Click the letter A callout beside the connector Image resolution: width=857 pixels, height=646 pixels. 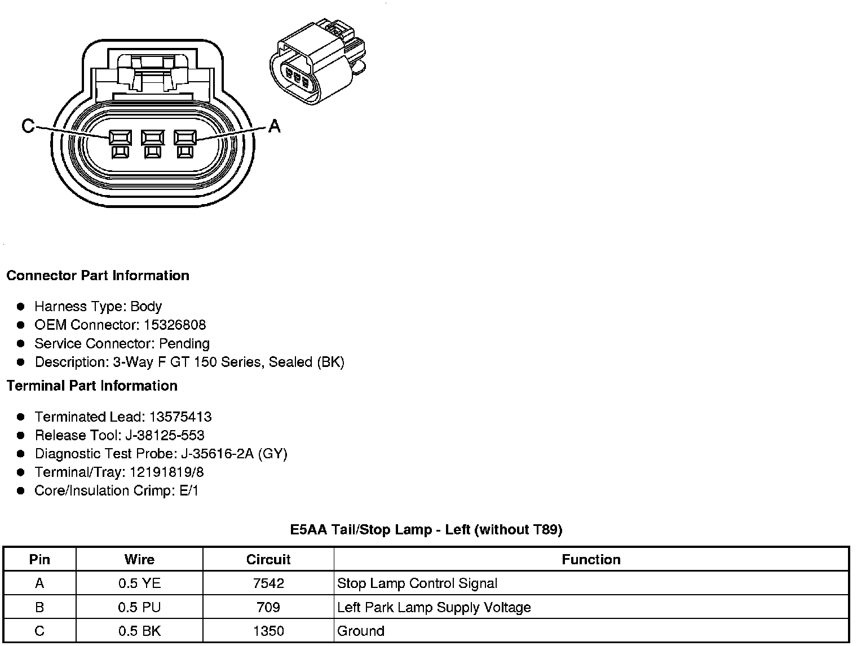pos(274,126)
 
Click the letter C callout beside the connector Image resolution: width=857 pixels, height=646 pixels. pos(28,126)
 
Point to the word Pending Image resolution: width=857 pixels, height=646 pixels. pos(184,344)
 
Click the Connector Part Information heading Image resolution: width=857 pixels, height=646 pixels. pos(98,276)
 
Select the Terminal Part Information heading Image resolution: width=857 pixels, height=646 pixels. pos(92,386)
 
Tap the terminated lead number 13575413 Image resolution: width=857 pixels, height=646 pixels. pos(180,417)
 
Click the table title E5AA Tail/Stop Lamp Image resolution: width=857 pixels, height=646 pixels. pos(426,530)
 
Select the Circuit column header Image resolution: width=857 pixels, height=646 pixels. pos(268,560)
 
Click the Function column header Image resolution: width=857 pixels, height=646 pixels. pos(591,560)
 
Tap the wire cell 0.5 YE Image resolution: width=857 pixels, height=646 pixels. pos(139,583)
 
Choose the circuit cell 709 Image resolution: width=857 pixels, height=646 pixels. pos(268,608)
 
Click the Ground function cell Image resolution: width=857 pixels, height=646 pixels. pos(361,631)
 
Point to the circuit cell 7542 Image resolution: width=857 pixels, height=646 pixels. pos(268,583)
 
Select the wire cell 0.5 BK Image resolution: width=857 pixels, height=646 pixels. pos(139,631)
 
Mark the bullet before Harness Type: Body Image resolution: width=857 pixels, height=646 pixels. pos(21,307)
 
